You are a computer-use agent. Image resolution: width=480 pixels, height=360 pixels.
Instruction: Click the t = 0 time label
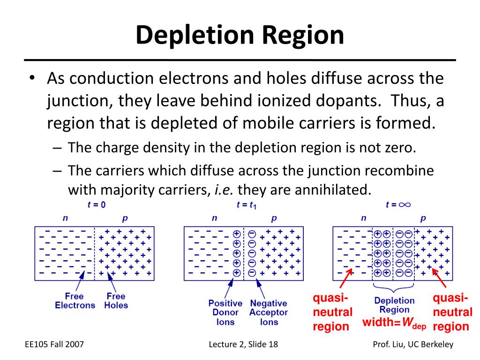coord(97,204)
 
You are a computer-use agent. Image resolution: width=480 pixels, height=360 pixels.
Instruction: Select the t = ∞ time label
coord(398,204)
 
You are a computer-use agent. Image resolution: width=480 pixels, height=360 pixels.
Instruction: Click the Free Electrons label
coord(75,300)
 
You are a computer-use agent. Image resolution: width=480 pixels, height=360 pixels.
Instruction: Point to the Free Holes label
coord(116,300)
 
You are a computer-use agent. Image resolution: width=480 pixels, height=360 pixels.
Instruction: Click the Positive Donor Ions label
coord(225,313)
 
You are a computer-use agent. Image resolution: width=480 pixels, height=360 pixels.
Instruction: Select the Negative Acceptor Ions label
coord(269,313)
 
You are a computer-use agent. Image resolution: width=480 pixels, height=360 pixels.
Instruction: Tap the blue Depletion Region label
coord(394,305)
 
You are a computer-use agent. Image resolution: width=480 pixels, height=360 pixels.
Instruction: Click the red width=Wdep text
coord(394,322)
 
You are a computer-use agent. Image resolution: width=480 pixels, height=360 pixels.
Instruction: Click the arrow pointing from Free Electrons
coord(80,281)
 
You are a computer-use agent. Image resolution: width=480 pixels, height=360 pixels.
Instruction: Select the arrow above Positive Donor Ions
coord(229,288)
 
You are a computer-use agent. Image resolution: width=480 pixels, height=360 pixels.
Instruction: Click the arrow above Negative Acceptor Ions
coord(261,288)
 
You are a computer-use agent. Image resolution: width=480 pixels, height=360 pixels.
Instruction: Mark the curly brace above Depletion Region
coord(393,287)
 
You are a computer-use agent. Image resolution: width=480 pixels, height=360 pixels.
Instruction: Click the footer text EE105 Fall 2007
coord(54,345)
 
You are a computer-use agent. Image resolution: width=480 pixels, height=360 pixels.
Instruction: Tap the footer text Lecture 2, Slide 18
coord(243,345)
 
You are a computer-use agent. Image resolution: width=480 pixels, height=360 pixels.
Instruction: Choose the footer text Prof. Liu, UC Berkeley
coord(413,345)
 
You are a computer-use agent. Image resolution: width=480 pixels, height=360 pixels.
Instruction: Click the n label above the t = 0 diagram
coord(65,218)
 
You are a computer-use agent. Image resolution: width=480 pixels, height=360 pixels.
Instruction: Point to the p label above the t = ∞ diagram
coord(423,219)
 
